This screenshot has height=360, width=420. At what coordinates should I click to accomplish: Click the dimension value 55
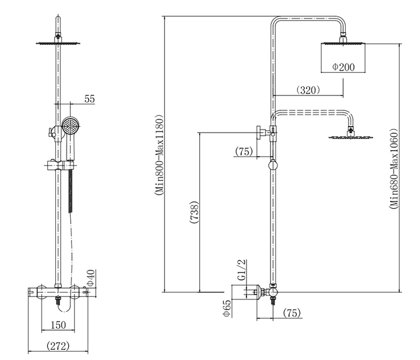pyautogui.click(x=89, y=99)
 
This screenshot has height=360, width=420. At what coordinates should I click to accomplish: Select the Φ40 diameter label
pyautogui.click(x=91, y=278)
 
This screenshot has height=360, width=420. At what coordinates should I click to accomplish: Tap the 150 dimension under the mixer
pyautogui.click(x=58, y=325)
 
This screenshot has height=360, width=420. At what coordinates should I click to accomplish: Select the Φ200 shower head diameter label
pyautogui.click(x=343, y=67)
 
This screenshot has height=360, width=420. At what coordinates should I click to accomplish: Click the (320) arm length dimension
pyautogui.click(x=308, y=89)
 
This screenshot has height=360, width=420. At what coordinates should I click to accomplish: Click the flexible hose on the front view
pyautogui.click(x=71, y=192)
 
